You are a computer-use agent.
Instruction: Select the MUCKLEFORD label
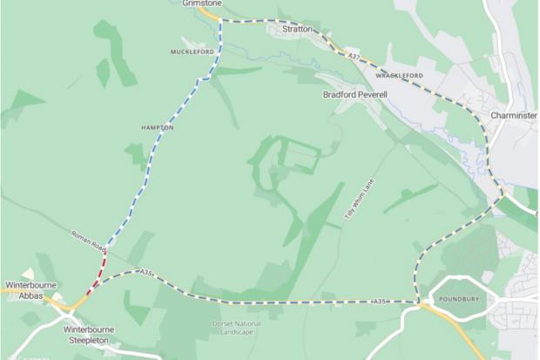192,52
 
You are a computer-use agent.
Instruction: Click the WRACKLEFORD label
402,76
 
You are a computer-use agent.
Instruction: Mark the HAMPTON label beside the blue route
158,127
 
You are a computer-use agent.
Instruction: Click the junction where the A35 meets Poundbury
421,303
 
